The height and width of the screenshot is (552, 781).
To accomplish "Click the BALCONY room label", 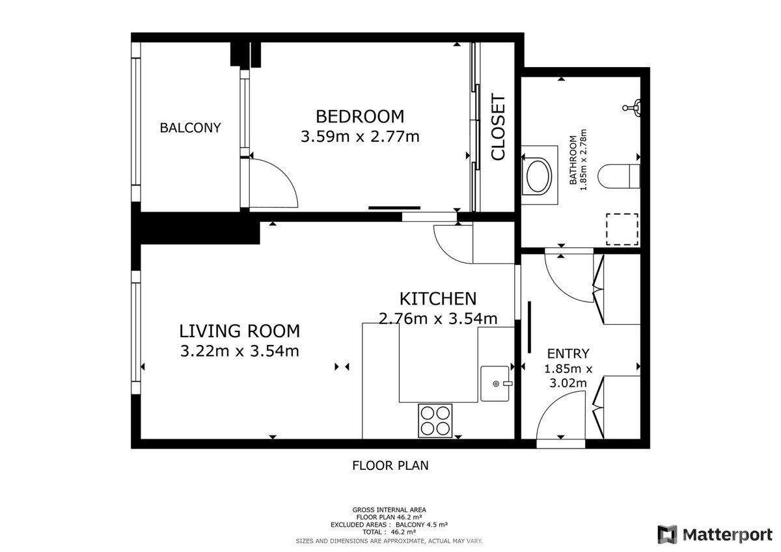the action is coord(190,128).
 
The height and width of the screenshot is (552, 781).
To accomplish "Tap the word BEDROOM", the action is coord(360,117).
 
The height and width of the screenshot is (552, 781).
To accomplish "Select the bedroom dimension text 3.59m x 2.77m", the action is coord(360,136).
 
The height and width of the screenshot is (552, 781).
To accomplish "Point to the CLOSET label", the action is coord(498,127).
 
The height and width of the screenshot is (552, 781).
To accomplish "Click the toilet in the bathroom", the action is coord(619,176).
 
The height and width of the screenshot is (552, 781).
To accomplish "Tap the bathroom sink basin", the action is coord(539,176).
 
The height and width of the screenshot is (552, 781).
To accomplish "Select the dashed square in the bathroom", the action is coord(622,229).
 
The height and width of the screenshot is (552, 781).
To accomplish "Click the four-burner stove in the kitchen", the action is coord(435,421).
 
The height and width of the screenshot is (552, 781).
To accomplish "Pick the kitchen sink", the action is coord(495,383).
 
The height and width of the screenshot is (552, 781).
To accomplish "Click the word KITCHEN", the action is coord(438,299).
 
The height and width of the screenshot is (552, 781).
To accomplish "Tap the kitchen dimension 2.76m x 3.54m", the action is coord(438,318).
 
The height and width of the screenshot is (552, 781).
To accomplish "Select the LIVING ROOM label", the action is coord(240,331).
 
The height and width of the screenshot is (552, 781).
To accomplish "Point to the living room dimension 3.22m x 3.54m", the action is coord(240,351).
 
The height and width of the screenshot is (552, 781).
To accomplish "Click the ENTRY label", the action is coord(568,353).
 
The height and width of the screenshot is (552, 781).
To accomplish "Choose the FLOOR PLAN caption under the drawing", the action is coord(390,465).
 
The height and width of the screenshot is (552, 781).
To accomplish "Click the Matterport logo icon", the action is coord(667,534).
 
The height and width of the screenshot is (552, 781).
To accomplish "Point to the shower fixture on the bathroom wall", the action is coord(633,107).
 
